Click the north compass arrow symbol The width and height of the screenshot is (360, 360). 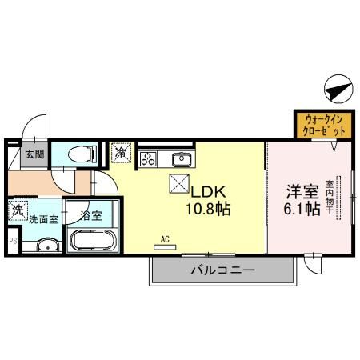339,87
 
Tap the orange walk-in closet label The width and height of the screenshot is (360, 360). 325,124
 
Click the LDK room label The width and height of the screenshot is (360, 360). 210,192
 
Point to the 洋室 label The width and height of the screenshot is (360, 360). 303,192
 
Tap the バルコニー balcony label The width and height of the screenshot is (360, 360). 222,271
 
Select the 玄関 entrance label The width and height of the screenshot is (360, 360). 34,154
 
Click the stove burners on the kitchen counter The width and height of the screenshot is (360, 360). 148,158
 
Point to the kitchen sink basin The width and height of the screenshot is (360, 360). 182,157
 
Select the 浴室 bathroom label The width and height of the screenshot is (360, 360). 92,215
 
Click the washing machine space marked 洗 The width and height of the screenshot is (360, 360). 18,211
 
